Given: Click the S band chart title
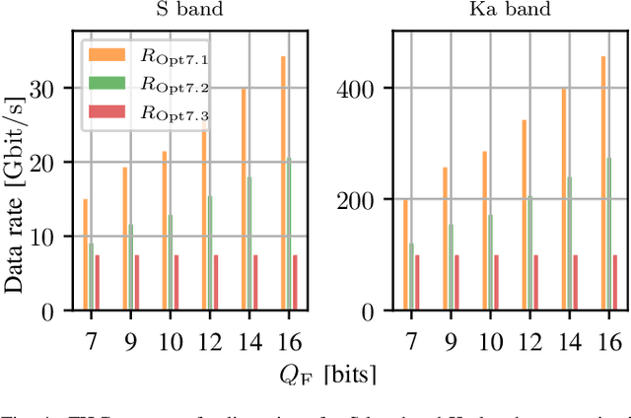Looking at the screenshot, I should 188,11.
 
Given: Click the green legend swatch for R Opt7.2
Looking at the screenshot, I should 105,86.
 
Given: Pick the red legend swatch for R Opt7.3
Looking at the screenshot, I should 105,114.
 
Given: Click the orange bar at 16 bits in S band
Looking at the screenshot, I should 283,183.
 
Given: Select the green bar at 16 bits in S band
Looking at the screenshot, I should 288,234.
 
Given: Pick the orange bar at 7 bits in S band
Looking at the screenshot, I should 86,254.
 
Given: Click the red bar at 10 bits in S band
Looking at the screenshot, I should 177,283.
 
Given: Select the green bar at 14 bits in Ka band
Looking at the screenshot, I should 569,244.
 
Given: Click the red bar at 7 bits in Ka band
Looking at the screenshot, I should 417,283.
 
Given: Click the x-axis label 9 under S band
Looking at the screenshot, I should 127,341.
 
